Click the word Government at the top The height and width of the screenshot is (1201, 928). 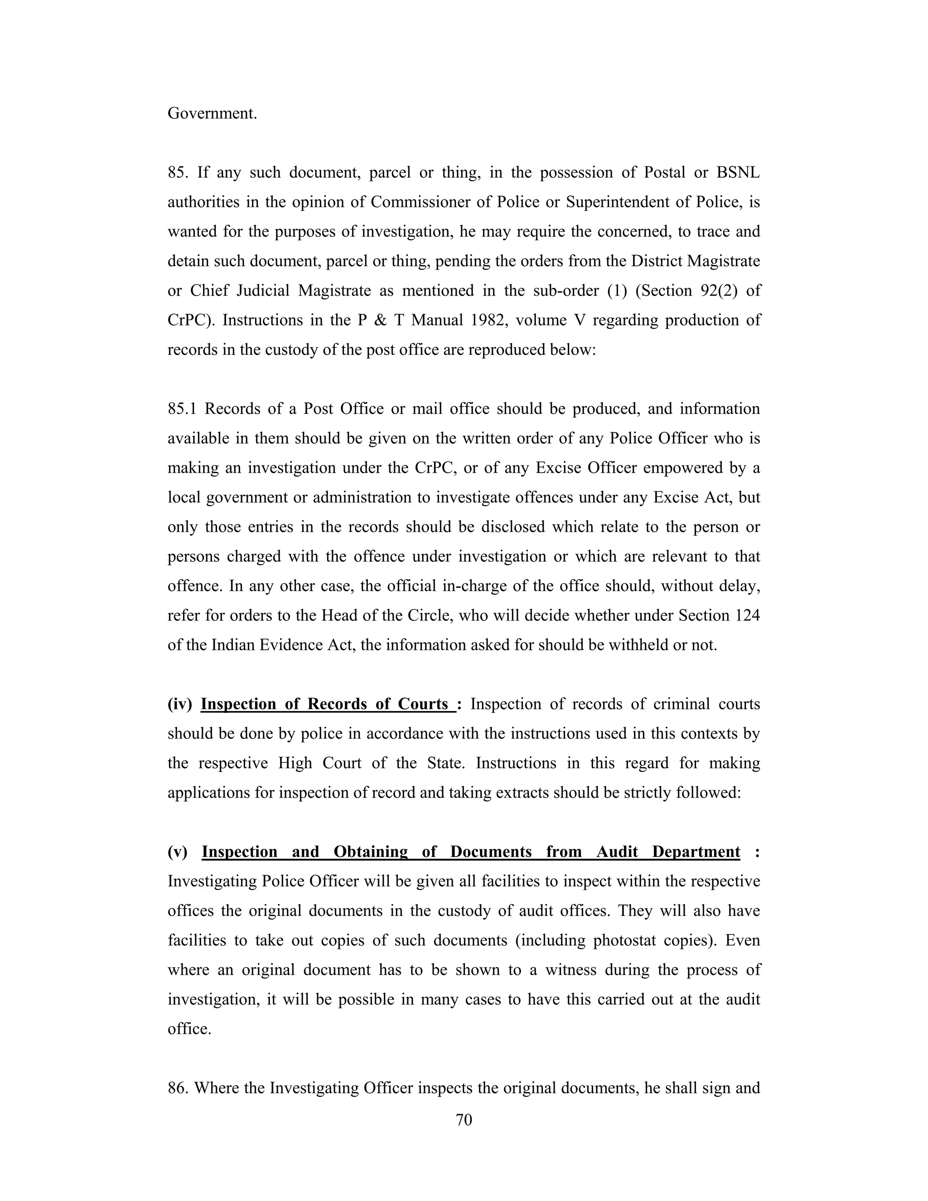point(212,113)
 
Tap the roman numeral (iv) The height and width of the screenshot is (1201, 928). point(180,704)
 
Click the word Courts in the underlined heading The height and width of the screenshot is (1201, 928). point(423,704)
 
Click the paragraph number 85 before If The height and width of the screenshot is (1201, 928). point(178,172)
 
